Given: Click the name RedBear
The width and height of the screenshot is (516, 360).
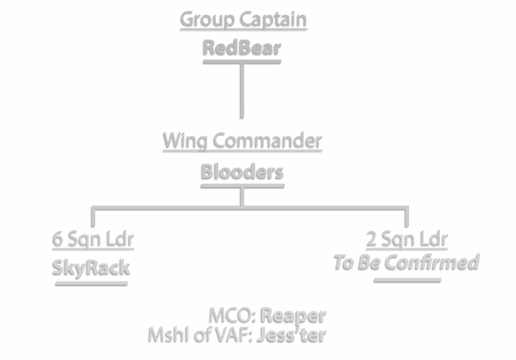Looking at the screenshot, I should pos(242,48).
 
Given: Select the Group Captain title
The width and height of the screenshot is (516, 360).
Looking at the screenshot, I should pos(243,19).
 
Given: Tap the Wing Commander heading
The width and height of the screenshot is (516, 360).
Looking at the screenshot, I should pos(242,140).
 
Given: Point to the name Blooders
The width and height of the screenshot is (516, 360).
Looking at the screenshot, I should pos(242,171).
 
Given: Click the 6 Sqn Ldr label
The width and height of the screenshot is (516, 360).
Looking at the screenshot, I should pos(93,238).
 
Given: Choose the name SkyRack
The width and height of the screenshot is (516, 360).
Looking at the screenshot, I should pos(92,267).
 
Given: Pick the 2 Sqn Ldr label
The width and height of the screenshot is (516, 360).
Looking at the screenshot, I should pos(407,238).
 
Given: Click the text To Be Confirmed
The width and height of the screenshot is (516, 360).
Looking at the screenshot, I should pos(407,262).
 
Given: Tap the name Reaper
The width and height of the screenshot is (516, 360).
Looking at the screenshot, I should pos(293,316).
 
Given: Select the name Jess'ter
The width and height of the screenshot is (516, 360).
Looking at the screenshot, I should pos(291,334).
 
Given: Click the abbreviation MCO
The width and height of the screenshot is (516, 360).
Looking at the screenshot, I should pos(232,316).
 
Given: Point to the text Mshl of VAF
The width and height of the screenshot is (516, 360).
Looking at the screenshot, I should pos(201,334).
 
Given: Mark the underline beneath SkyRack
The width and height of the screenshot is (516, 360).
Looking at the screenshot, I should pos(92,283).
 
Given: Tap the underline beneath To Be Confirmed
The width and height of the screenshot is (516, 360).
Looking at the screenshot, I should pos(407,280).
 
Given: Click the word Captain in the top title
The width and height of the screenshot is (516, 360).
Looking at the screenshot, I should pos(274,19).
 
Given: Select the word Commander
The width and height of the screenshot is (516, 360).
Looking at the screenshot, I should pos(268,140).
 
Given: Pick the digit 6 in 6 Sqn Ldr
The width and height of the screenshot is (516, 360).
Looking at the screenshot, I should pos(58,238).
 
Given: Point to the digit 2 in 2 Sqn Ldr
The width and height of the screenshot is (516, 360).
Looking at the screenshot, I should pos(372,238).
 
